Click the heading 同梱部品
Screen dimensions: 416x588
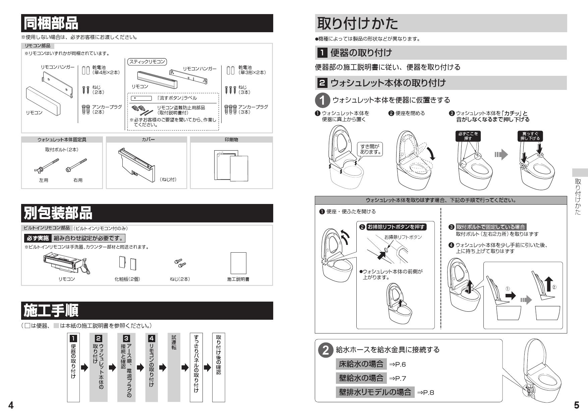point(51,23)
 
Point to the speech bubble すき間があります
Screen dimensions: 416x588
point(370,149)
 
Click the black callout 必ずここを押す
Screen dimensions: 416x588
point(468,136)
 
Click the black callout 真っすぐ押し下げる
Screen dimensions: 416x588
point(530,136)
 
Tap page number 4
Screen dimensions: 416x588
point(11,405)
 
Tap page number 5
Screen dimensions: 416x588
point(576,405)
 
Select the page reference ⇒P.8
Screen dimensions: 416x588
point(425,392)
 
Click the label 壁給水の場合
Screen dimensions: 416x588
point(361,378)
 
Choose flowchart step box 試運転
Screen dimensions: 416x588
point(174,367)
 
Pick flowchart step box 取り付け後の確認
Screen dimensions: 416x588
point(219,367)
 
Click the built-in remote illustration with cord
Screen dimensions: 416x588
point(67,263)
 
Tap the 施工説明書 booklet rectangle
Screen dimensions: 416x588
point(238,263)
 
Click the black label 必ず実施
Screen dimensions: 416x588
point(38,238)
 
